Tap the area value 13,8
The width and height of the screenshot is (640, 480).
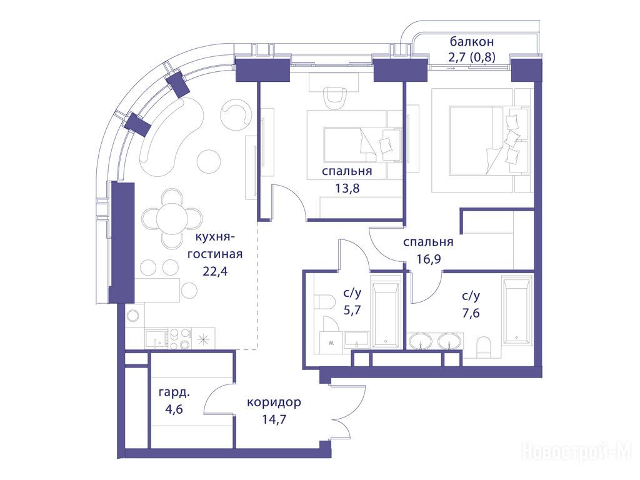click(x=347, y=188)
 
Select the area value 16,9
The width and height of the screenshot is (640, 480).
click(x=429, y=259)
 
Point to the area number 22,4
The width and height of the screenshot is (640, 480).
click(x=215, y=271)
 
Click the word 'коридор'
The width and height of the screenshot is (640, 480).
click(x=274, y=402)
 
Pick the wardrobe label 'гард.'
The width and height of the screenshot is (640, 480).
click(x=174, y=392)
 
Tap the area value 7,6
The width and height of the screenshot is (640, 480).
click(x=471, y=313)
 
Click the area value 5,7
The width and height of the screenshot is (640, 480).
click(x=352, y=310)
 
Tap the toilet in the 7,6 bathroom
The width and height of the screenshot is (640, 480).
click(x=485, y=347)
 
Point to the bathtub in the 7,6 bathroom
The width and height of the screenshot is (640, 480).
click(x=517, y=310)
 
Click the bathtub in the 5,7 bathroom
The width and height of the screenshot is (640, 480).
click(x=385, y=311)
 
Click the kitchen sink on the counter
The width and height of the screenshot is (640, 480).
click(x=156, y=339)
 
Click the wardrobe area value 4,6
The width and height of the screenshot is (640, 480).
click(x=174, y=409)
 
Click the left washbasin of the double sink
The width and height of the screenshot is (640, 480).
click(x=421, y=341)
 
